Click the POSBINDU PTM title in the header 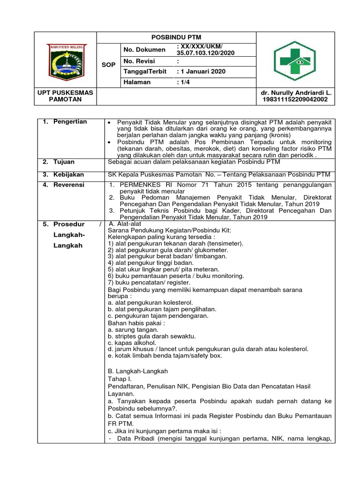[x=176, y=37]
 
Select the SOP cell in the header [x=108, y=65]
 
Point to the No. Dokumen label [x=144, y=50]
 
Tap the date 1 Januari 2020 [x=202, y=71]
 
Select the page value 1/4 [x=185, y=82]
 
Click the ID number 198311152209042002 [x=295, y=99]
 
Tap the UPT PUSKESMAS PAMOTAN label [x=66, y=96]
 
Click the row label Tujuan [x=64, y=162]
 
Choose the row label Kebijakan [x=68, y=174]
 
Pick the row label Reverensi [x=68, y=185]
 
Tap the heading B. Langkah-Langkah [x=138, y=371]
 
